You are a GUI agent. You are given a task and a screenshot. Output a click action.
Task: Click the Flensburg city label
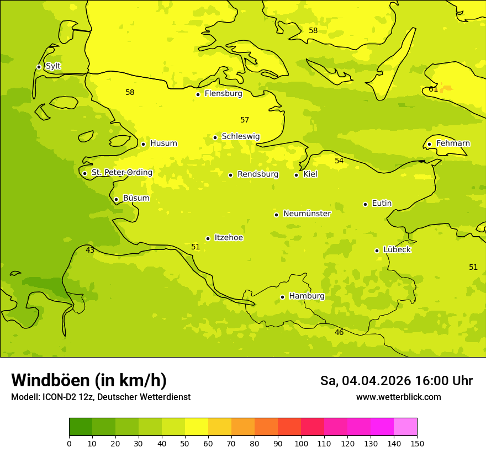click(223, 94)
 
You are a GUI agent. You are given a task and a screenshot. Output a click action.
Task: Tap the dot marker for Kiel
click(296, 175)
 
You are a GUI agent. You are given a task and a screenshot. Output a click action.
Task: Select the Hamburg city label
click(307, 296)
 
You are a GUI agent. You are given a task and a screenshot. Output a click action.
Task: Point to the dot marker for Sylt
click(39, 67)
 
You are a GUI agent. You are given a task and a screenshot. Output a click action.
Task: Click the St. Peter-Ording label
click(121, 173)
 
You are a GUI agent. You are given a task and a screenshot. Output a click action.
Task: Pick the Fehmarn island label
click(453, 143)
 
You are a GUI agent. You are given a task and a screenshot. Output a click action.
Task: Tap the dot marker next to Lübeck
click(377, 251)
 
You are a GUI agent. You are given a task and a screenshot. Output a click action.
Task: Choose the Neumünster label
click(307, 214)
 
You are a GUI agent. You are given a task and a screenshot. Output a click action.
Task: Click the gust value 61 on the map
click(434, 89)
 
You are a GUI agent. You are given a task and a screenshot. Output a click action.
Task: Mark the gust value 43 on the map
click(90, 251)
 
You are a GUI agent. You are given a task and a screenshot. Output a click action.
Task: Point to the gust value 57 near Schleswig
click(245, 120)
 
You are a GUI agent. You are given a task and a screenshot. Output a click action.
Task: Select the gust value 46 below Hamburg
click(339, 333)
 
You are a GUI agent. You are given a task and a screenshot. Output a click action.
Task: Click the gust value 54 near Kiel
click(339, 161)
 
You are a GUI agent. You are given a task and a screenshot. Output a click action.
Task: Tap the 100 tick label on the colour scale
click(301, 444)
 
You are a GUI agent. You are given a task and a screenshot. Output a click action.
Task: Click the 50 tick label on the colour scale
click(185, 444)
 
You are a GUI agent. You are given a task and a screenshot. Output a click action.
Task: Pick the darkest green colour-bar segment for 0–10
click(81, 427)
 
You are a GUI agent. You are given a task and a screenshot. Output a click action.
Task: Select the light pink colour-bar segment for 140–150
click(405, 427)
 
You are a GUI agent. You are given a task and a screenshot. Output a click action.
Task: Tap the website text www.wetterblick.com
click(398, 397)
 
